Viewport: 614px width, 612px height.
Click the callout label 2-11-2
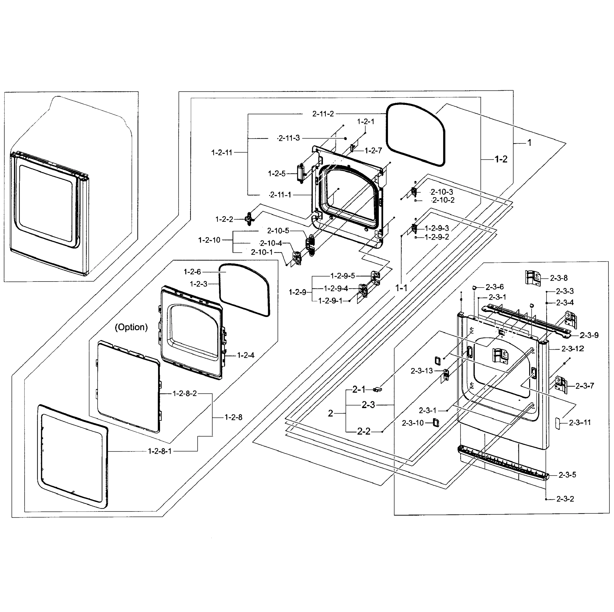(323, 113)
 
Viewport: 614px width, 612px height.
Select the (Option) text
(131, 327)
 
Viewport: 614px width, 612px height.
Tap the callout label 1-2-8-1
(160, 451)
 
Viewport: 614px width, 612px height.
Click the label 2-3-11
(580, 423)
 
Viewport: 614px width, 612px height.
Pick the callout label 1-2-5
(277, 174)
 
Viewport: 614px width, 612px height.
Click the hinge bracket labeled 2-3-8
(533, 277)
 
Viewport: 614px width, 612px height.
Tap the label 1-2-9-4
(336, 288)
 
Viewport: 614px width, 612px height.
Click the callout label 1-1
(401, 288)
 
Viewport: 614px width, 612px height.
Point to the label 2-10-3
(442, 192)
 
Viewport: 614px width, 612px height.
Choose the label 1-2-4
(246, 355)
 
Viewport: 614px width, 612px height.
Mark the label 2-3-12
(572, 349)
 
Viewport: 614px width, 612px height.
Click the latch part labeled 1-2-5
(300, 173)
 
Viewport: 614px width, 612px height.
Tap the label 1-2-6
(192, 272)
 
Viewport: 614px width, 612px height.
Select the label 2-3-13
(422, 371)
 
